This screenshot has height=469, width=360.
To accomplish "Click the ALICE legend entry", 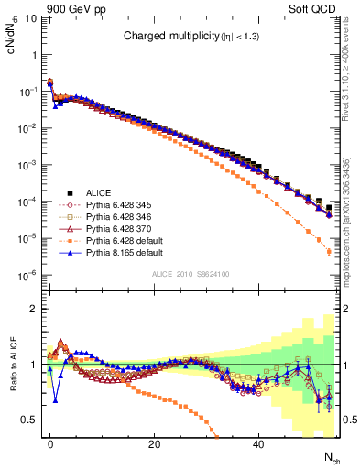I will coord(99,192).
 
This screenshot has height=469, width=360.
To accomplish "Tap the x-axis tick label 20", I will coord(155,444).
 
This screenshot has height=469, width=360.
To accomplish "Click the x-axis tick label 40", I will coord(259,444).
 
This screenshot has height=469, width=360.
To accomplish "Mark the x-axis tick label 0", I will coord(50,444).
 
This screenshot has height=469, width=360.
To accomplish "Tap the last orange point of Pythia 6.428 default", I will coord(329,252).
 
